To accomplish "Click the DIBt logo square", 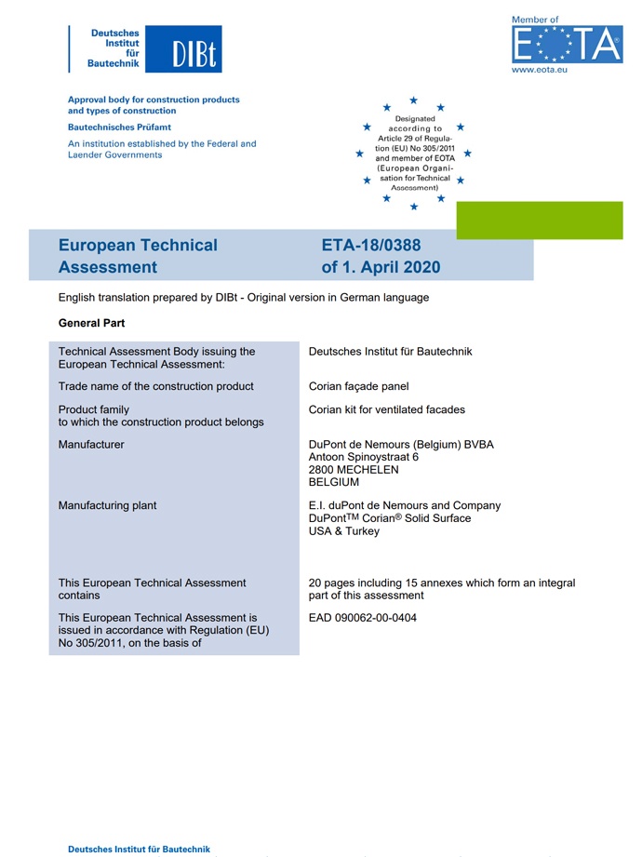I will pos(193,49).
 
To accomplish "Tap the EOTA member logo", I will pos(566,44).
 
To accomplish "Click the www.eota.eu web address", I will pos(540,69).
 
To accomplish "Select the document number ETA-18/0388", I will pos(371,246).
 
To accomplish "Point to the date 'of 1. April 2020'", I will pos(381,268).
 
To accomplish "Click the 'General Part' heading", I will pos(91,323).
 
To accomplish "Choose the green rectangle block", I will pos(539,221).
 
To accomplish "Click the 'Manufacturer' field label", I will pos(91,445).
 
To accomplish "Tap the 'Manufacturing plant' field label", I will pos(107,505).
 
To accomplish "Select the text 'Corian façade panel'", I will pos(358,386).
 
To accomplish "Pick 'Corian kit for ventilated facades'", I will pos(386,409).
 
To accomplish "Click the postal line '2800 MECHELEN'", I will pos(354,470).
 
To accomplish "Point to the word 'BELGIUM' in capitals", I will pos(334,482).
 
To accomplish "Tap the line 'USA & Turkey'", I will pos(343,530).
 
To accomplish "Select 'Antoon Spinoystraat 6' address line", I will pos(364,457).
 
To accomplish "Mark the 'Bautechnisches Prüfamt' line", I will pos(119,127).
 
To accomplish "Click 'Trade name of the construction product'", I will pos(155,386).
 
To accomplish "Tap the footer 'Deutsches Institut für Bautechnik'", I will pos(139,849).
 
